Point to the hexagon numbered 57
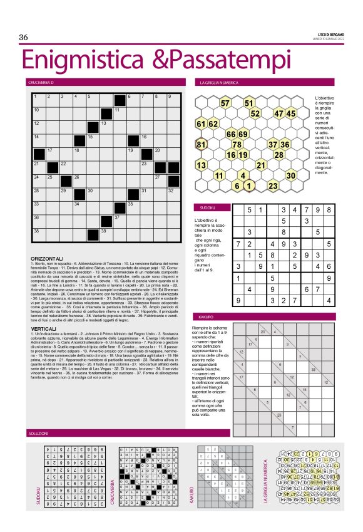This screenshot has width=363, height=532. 225,103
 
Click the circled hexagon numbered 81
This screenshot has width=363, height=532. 202,144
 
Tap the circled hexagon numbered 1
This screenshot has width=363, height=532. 248,185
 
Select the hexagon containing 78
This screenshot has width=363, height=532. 237,144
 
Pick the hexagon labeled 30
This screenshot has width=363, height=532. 291,175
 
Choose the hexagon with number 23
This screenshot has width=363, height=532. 273,185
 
